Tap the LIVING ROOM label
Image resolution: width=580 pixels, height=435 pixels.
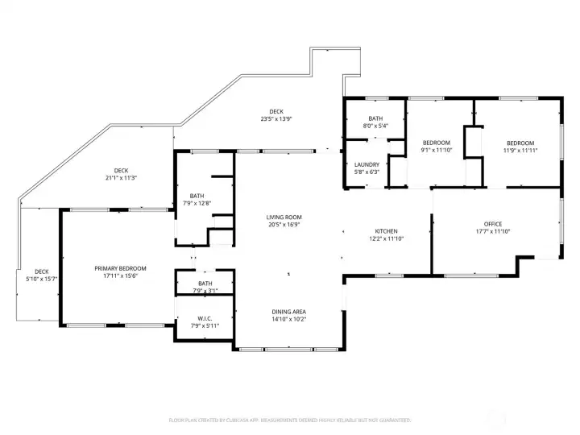284,217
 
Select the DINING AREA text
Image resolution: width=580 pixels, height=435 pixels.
288,312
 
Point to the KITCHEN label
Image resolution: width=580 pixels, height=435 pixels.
386,230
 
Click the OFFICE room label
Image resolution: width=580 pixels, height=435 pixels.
493,224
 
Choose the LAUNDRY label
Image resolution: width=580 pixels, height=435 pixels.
367,164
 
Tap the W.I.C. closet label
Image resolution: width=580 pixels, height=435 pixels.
205,318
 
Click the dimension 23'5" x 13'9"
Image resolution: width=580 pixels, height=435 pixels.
276,119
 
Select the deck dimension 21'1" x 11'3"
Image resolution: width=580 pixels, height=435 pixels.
121,178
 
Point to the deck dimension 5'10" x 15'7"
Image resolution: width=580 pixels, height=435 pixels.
41,279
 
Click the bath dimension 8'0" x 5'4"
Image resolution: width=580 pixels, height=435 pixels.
375,126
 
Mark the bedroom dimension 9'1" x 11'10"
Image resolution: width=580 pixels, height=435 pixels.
437,150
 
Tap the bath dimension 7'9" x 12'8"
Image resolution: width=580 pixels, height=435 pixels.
197,203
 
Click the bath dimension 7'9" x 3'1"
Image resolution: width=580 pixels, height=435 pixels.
205,291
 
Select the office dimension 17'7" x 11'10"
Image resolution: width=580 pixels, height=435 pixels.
493,232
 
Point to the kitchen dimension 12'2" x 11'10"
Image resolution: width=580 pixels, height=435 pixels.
386,238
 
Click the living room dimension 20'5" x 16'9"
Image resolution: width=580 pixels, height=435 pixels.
284,225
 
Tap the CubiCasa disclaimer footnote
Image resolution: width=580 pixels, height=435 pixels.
289,420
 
